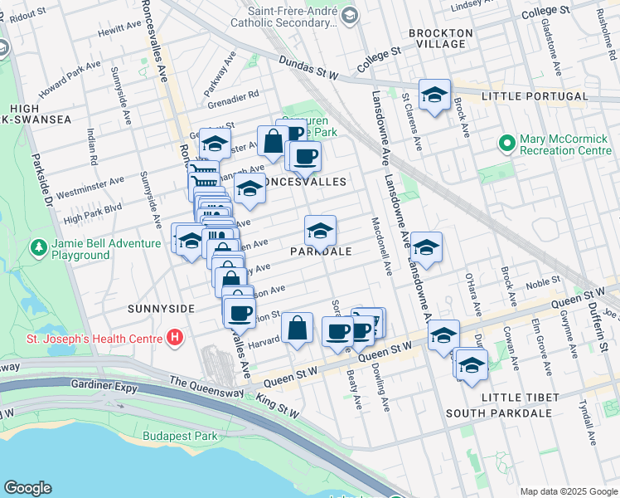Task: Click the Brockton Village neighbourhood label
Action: click(x=440, y=39)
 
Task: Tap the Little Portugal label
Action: click(x=535, y=96)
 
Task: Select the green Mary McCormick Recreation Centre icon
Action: click(x=507, y=144)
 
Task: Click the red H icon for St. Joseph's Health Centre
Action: click(x=174, y=338)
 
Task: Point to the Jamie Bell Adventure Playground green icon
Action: click(x=38, y=248)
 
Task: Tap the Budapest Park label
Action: click(x=179, y=436)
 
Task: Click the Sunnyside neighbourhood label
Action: click(x=161, y=308)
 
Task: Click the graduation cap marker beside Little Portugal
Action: click(x=434, y=96)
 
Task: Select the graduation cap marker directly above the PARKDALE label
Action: click(x=320, y=230)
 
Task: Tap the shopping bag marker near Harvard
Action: click(x=297, y=328)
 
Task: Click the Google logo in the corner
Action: click(x=27, y=488)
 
